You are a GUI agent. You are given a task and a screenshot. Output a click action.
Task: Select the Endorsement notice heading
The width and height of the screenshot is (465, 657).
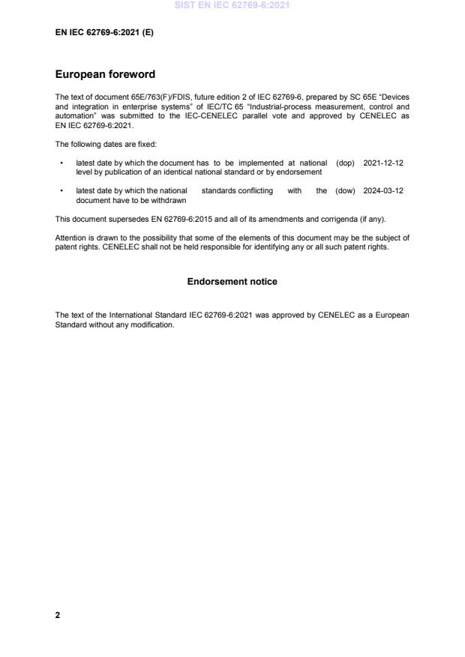point(232,282)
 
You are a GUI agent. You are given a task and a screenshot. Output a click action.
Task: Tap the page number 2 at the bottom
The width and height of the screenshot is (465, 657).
point(58,615)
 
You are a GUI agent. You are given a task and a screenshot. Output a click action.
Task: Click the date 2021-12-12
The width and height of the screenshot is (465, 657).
point(383,163)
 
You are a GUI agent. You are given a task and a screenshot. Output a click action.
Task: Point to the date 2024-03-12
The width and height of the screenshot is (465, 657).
point(383,191)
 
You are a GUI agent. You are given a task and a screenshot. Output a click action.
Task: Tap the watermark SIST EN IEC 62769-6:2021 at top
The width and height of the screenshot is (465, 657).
point(232,5)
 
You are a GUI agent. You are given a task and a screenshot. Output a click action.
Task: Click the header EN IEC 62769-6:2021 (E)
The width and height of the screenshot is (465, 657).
point(104,34)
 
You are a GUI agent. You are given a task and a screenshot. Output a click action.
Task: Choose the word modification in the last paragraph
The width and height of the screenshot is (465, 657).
point(154,324)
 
